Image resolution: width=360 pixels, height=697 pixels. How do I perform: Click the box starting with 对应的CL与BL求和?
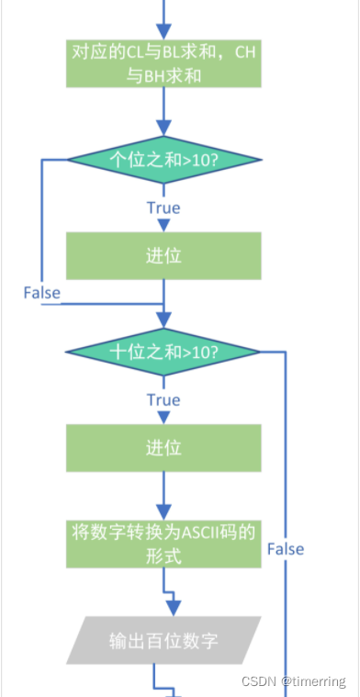[163, 64]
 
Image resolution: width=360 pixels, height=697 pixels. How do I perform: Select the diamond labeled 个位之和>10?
[163, 157]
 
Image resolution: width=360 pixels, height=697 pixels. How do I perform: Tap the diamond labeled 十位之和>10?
[163, 352]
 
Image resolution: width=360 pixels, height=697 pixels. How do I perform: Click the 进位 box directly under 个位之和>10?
[163, 254]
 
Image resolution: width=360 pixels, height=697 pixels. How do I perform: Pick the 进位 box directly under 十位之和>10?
[163, 447]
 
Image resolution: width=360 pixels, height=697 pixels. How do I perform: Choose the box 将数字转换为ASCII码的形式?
[163, 543]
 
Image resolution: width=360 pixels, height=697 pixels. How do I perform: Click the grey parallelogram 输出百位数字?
[163, 639]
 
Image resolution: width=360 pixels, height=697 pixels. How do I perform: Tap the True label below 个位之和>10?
[163, 208]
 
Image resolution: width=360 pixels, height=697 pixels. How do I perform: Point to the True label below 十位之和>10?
[163, 400]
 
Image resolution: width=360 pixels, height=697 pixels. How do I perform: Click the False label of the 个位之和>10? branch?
[42, 293]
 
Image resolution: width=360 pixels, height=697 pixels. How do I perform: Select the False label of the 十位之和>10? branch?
[286, 549]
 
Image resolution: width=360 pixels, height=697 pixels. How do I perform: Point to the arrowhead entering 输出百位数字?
[173, 607]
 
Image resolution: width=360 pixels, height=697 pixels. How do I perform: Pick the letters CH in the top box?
[244, 53]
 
